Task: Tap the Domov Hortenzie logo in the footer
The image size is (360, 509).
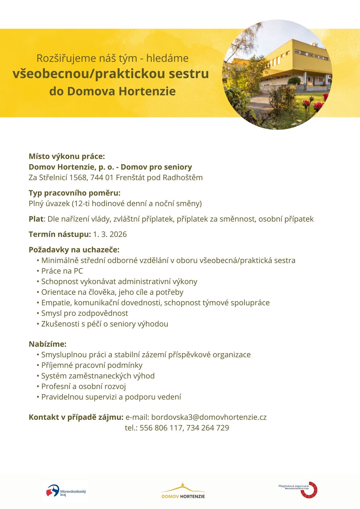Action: tap(183, 491)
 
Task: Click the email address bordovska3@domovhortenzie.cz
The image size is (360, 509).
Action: tap(209, 417)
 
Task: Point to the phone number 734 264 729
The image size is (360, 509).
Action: tap(208, 428)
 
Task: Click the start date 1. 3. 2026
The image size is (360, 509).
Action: tap(110, 234)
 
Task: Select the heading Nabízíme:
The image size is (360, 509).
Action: tap(47, 344)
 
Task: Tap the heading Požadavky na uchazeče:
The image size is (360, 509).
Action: tap(74, 250)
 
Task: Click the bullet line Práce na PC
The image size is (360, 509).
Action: tap(62, 271)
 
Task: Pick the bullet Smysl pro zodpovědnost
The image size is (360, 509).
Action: tap(85, 313)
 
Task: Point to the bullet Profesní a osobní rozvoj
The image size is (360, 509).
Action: tap(83, 387)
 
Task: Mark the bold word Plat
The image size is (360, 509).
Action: tap(36, 219)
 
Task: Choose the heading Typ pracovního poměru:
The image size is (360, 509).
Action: tap(74, 193)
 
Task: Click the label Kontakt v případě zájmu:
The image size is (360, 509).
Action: tap(76, 417)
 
